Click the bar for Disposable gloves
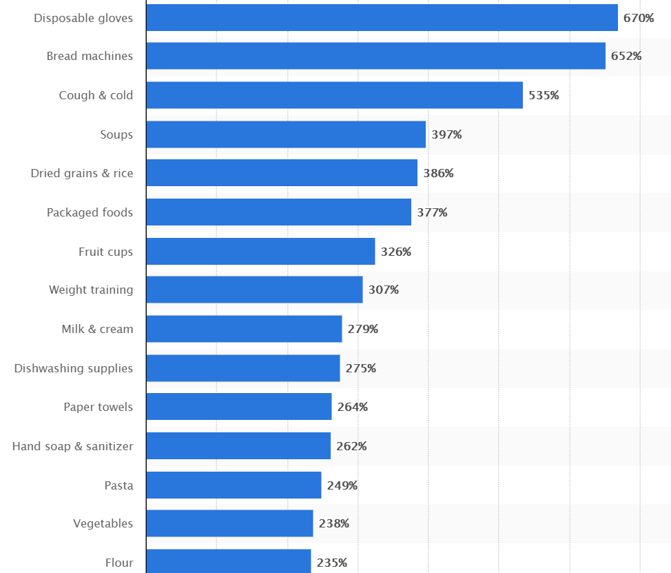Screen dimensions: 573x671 pos(382,18)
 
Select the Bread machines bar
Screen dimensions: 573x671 pos(375,56)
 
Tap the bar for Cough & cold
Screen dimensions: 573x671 pos(334,95)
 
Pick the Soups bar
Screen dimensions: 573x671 pos(286,134)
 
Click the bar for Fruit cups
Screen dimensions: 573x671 pos(260,252)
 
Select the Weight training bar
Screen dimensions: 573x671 pos(254,290)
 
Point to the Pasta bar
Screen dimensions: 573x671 pos(234,485)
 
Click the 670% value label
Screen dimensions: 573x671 pos(639,18)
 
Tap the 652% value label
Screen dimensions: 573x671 pos(626,56)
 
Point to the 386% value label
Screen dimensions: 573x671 pos(438,173)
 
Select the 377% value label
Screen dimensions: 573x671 pos(432,212)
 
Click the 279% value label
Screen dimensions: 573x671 pos(362,329)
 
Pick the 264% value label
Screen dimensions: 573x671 pos(352,407)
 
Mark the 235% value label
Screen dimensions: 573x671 pos(331,563)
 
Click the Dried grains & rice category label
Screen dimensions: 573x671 pos(82,173)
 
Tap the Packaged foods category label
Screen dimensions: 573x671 pos(90,212)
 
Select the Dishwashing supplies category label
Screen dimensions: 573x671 pos(74,368)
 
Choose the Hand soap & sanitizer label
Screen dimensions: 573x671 pos(72,446)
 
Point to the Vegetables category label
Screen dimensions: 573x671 pos(103,523)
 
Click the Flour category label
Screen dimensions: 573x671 pos(119,563)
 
